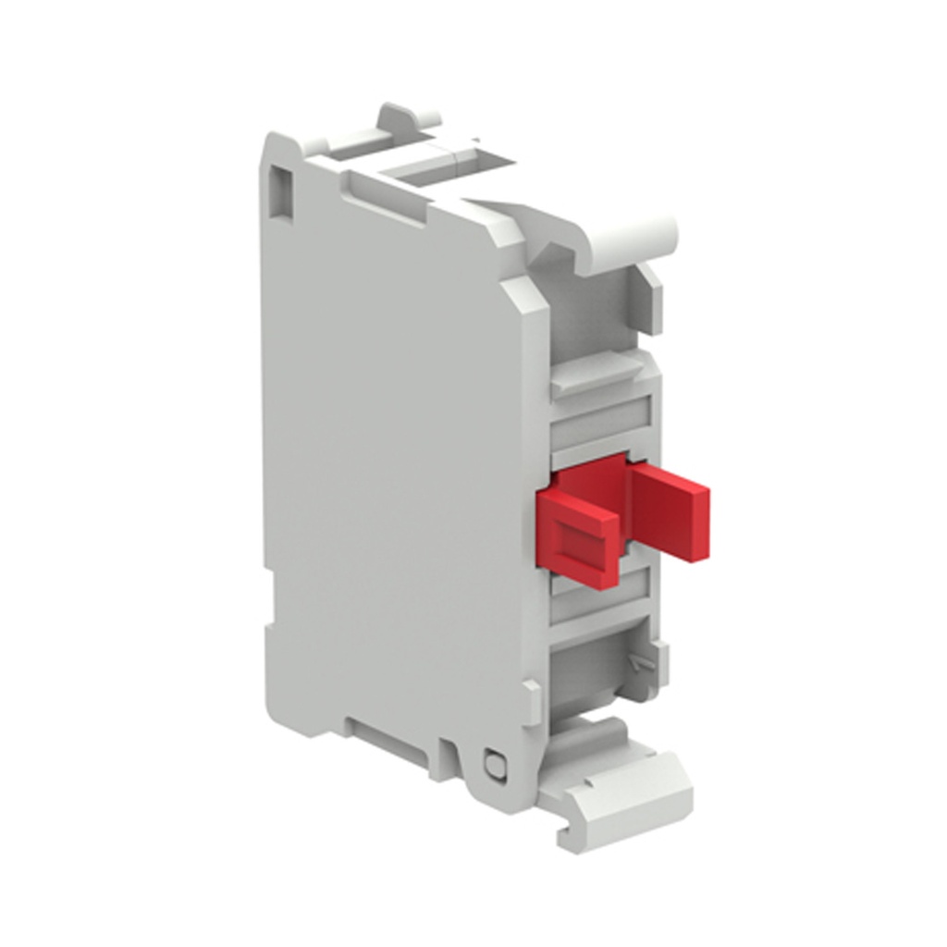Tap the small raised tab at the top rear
[408, 120]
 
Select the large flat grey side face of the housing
[388, 462]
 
